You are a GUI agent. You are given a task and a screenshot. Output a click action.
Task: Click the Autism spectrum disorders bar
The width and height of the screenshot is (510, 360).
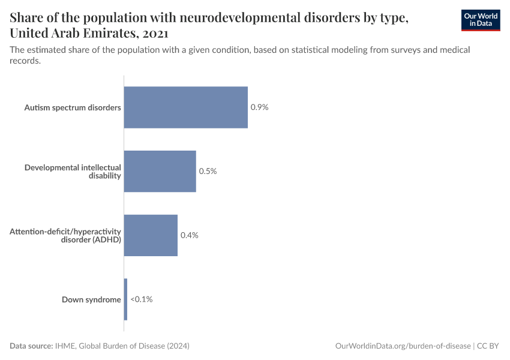pyautogui.click(x=185, y=107)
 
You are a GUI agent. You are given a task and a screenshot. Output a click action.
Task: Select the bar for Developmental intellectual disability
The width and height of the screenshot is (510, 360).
pyautogui.click(x=160, y=171)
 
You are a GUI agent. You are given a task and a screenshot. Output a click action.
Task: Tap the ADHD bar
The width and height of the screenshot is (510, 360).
pyautogui.click(x=151, y=235)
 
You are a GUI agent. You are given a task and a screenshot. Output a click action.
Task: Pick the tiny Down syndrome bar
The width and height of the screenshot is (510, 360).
pyautogui.click(x=125, y=299)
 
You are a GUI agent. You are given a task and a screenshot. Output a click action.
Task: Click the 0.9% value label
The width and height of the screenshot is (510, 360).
pyautogui.click(x=259, y=107)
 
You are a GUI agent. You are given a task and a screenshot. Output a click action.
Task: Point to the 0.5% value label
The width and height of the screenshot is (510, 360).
pyautogui.click(x=208, y=171)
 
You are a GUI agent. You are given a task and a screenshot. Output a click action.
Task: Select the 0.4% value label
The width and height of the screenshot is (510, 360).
pyautogui.click(x=190, y=235)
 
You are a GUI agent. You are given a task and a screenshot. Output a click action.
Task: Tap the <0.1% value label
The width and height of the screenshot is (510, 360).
pyautogui.click(x=142, y=299)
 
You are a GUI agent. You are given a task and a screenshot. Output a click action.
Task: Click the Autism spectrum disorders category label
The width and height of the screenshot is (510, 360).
pyautogui.click(x=73, y=107)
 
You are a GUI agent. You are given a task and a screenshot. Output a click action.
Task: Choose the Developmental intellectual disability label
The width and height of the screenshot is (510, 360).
pyautogui.click(x=73, y=171)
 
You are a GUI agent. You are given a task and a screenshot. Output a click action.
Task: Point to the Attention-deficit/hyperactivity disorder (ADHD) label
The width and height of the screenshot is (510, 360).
pyautogui.click(x=65, y=235)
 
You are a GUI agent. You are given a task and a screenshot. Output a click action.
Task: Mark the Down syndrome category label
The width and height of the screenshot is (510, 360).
pyautogui.click(x=91, y=299)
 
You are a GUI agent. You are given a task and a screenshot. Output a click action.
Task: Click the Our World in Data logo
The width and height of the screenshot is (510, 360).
pyautogui.click(x=481, y=20)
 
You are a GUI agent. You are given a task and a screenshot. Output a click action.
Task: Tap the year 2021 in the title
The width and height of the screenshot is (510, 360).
pyautogui.click(x=155, y=33)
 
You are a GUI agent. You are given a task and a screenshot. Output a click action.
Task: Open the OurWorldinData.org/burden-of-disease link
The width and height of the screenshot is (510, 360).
pyautogui.click(x=403, y=346)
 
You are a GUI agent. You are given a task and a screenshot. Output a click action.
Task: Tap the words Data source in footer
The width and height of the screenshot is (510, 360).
pyautogui.click(x=31, y=346)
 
